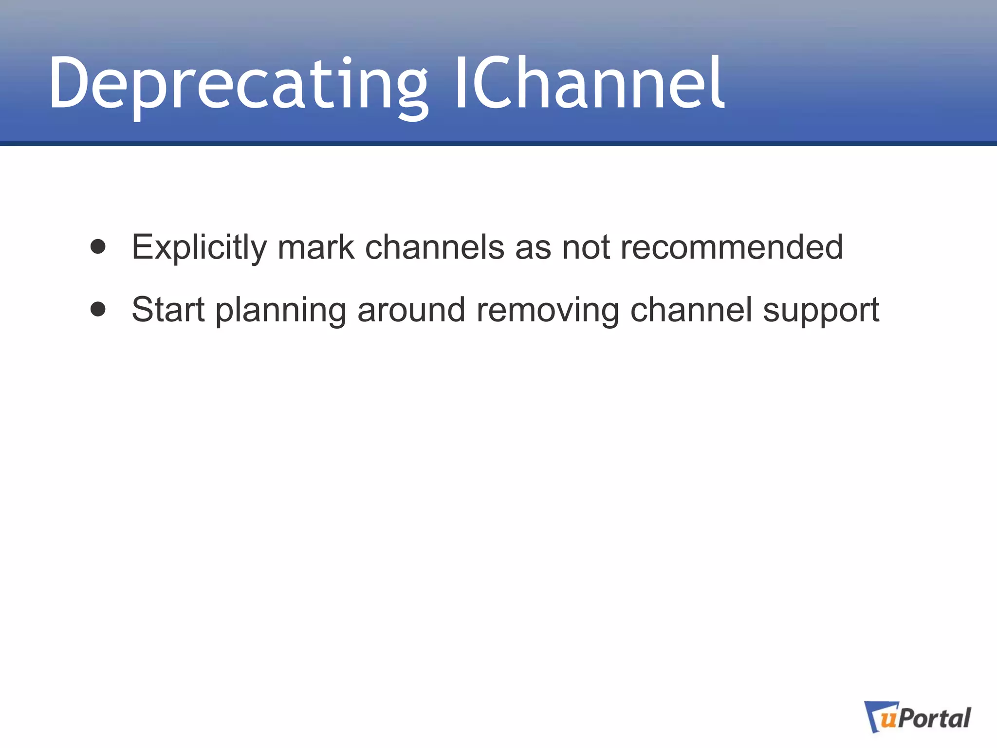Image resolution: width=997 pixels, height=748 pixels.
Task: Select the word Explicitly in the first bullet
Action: click(199, 247)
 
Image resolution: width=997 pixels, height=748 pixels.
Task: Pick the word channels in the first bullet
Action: click(434, 247)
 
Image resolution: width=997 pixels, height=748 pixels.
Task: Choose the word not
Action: click(586, 247)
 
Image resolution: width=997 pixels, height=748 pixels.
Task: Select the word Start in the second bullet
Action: click(168, 310)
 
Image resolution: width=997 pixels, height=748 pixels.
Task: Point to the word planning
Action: click(280, 311)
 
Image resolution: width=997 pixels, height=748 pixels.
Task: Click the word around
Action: click(411, 310)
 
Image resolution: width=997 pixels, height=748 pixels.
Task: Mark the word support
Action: click(821, 311)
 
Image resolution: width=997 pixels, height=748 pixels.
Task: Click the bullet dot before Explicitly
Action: click(98, 247)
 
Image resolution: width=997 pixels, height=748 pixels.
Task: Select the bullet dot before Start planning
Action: click(98, 309)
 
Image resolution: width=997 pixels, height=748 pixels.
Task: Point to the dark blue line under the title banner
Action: click(498, 144)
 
